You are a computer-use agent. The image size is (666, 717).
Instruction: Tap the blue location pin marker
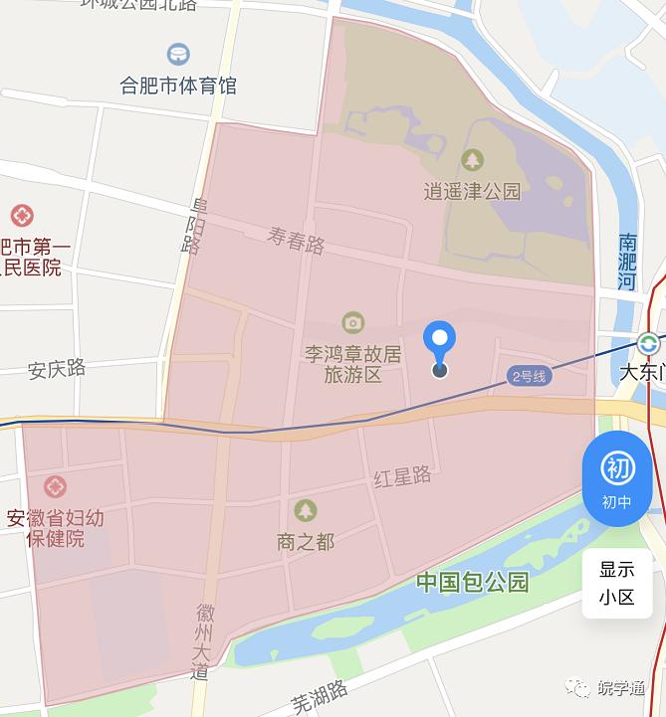pyautogui.click(x=439, y=343)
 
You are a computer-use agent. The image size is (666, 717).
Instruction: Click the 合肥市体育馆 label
pyautogui.click(x=178, y=86)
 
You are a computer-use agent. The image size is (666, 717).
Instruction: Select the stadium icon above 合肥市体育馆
pyautogui.click(x=178, y=54)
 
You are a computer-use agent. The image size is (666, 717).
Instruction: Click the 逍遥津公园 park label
pyautogui.click(x=472, y=191)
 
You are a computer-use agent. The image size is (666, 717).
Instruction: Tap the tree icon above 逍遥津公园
pyautogui.click(x=472, y=159)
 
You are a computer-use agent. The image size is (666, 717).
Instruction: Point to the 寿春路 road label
pyautogui.click(x=297, y=240)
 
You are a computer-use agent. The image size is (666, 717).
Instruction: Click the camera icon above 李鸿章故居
pyautogui.click(x=352, y=322)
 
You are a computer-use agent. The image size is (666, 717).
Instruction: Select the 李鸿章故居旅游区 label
pyautogui.click(x=352, y=364)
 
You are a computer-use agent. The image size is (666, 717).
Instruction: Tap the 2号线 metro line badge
pyautogui.click(x=529, y=376)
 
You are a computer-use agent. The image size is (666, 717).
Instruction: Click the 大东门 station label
pyautogui.click(x=641, y=373)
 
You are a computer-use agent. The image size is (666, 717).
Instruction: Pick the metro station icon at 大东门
pyautogui.click(x=648, y=344)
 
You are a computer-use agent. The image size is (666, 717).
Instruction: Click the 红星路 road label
pyautogui.click(x=402, y=476)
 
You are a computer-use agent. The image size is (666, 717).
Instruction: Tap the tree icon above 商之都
pyautogui.click(x=305, y=510)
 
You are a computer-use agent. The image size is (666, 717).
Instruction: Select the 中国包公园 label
pyautogui.click(x=472, y=582)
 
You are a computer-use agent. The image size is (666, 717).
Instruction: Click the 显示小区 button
pyautogui.click(x=616, y=584)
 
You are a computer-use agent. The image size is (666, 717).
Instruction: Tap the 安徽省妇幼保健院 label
pyautogui.click(x=55, y=528)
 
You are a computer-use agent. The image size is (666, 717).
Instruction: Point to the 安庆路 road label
pyautogui.click(x=57, y=369)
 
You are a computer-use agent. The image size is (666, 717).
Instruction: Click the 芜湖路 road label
pyautogui.click(x=319, y=697)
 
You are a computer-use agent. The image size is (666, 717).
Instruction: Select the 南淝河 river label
pyautogui.click(x=627, y=262)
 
